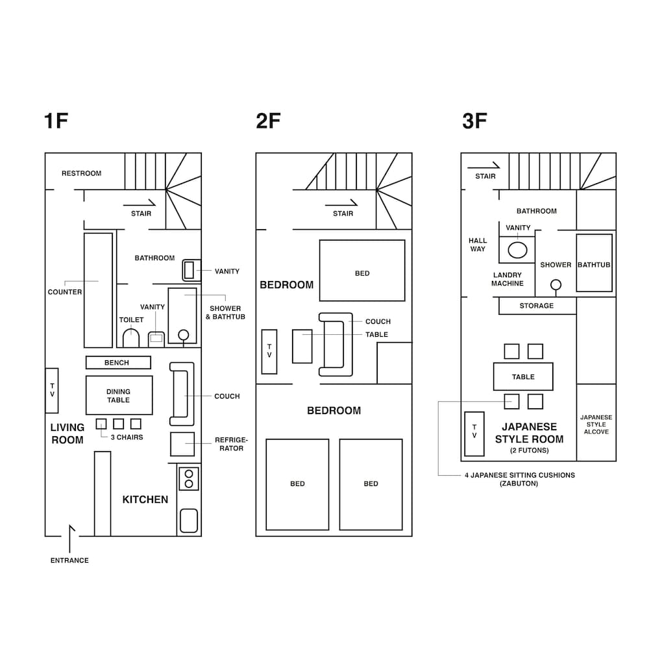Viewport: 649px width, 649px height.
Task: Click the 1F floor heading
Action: [56, 121]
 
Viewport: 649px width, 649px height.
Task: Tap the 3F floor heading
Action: [474, 121]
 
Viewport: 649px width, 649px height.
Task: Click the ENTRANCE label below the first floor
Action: [69, 561]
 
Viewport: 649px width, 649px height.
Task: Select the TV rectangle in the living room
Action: [52, 390]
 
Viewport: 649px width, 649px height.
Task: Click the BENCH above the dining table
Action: [118, 363]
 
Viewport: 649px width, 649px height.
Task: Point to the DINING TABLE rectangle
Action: [119, 395]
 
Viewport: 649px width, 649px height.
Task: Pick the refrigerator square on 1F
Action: [182, 444]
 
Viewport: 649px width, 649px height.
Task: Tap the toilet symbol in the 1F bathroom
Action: [131, 338]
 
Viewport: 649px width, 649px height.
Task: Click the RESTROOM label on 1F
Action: [82, 173]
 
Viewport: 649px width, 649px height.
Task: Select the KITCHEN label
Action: [145, 500]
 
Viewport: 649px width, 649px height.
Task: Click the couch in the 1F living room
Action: [182, 394]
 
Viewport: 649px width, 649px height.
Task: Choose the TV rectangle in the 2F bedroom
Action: [269, 352]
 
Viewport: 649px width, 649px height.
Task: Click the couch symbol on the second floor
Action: [336, 345]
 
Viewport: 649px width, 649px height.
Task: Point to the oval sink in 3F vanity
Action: [517, 250]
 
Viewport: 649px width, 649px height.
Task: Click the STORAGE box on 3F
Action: [537, 306]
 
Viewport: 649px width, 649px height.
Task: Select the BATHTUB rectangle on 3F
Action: [594, 263]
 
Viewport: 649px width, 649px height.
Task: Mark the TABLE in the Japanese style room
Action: [523, 376]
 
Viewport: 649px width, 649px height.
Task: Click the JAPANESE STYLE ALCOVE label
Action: [596, 424]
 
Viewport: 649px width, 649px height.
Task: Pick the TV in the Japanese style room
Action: [474, 434]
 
